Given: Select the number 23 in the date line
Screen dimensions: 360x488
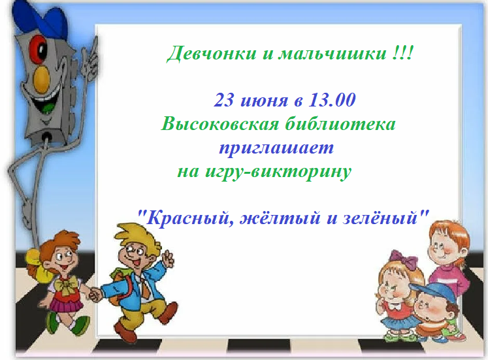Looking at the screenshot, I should point(224,101).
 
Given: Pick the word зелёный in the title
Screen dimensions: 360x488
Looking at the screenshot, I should point(380,216).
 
